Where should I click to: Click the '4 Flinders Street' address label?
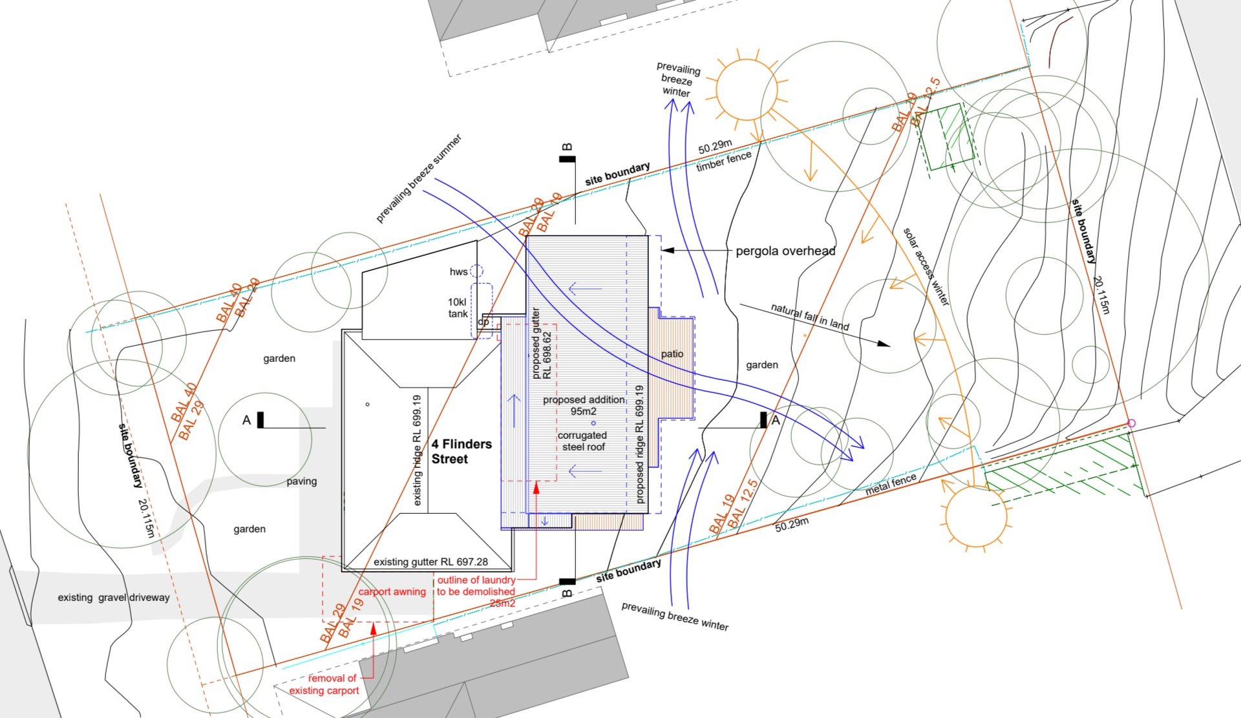461,452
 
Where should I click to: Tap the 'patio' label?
672,354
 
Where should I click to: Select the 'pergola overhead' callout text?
785,251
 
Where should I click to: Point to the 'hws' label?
458,272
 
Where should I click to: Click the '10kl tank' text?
458,308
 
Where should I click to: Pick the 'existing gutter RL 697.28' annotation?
430,562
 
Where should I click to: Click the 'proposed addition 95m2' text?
584,405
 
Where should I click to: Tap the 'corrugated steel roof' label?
583,441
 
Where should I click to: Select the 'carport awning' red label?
392,591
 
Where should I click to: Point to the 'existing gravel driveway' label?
114,598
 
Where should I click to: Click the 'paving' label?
302,481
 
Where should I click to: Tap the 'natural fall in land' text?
810,317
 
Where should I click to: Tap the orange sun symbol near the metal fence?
976,516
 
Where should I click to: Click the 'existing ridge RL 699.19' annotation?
417,450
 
